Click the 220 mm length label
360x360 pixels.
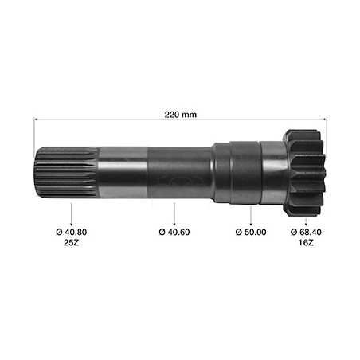point(180,115)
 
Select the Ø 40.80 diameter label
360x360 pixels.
point(72,232)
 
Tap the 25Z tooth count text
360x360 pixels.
point(72,243)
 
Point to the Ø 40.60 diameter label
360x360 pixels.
point(174,232)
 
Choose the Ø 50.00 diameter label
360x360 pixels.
point(251,232)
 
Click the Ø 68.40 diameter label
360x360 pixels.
point(306,232)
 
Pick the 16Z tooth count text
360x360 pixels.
point(306,243)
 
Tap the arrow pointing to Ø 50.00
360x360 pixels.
point(251,216)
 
